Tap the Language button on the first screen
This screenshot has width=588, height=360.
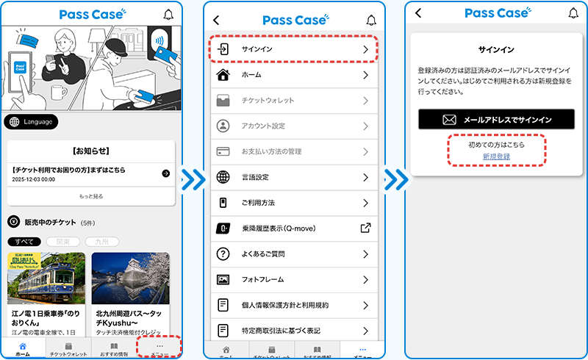[31, 121]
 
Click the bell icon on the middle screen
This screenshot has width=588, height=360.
[370, 20]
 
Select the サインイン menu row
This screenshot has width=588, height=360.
[294, 48]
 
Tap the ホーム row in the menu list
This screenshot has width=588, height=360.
[294, 75]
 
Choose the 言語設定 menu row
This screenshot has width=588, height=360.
[294, 177]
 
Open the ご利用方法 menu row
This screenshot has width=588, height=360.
[294, 203]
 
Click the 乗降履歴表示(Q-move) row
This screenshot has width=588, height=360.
[294, 228]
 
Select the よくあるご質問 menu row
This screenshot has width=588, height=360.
[294, 254]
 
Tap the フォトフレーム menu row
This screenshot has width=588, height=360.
[294, 280]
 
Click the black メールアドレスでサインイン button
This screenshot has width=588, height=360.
[496, 119]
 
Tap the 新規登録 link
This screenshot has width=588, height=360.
[496, 156]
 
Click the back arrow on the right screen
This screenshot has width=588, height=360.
[418, 13]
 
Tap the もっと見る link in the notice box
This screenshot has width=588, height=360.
[91, 197]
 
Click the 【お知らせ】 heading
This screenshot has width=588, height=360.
[91, 151]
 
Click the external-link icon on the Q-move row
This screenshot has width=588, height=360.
[365, 228]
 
